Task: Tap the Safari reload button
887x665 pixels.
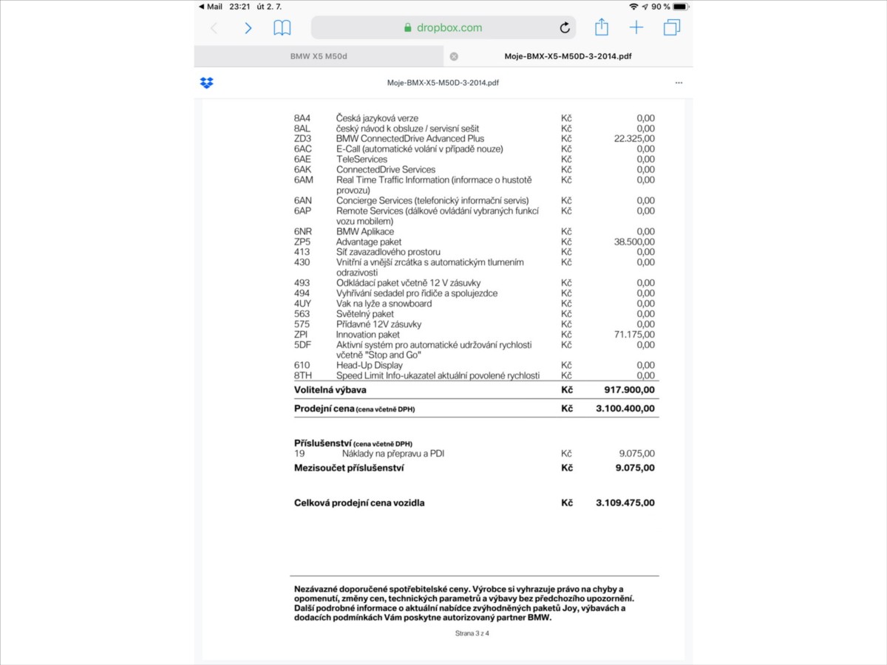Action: coord(565,28)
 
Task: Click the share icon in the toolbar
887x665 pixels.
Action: coord(602,27)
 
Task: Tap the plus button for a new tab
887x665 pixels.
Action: coord(636,27)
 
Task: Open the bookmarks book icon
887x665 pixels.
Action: coord(282,28)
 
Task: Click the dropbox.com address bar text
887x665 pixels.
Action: coord(449,28)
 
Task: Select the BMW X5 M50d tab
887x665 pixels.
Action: coord(319,56)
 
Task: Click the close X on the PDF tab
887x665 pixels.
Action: coord(454,56)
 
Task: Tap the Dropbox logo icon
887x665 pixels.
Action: coord(207,83)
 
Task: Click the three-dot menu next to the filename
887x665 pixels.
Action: coord(679,83)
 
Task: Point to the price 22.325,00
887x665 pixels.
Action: coord(634,139)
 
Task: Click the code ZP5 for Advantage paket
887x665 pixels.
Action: coord(302,242)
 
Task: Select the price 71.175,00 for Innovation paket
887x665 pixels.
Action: coord(634,335)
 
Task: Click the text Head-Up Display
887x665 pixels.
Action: coord(370,365)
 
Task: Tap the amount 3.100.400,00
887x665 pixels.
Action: coord(625,408)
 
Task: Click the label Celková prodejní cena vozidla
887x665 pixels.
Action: coord(359,503)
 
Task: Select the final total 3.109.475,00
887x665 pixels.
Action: coord(625,503)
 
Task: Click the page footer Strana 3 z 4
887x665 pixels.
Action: coord(472,633)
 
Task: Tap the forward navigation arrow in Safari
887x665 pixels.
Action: coord(248,28)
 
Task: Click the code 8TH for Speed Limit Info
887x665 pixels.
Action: coord(302,375)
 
